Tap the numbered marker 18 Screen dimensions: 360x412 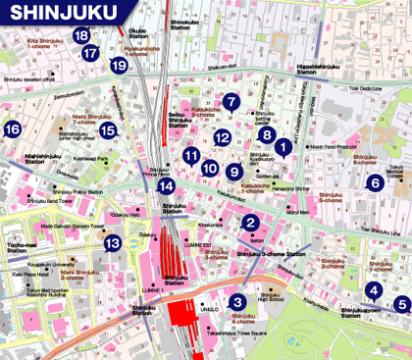(x=83, y=36)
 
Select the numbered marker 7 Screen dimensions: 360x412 (x=232, y=101)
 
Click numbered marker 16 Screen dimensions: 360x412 (x=12, y=129)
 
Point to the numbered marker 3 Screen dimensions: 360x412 (x=236, y=302)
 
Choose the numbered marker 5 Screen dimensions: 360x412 (x=401, y=304)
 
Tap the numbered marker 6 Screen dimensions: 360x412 (x=374, y=182)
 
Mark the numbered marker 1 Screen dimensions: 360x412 (x=282, y=148)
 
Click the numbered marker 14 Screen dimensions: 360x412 (x=168, y=185)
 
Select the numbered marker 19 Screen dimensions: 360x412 (x=119, y=66)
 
